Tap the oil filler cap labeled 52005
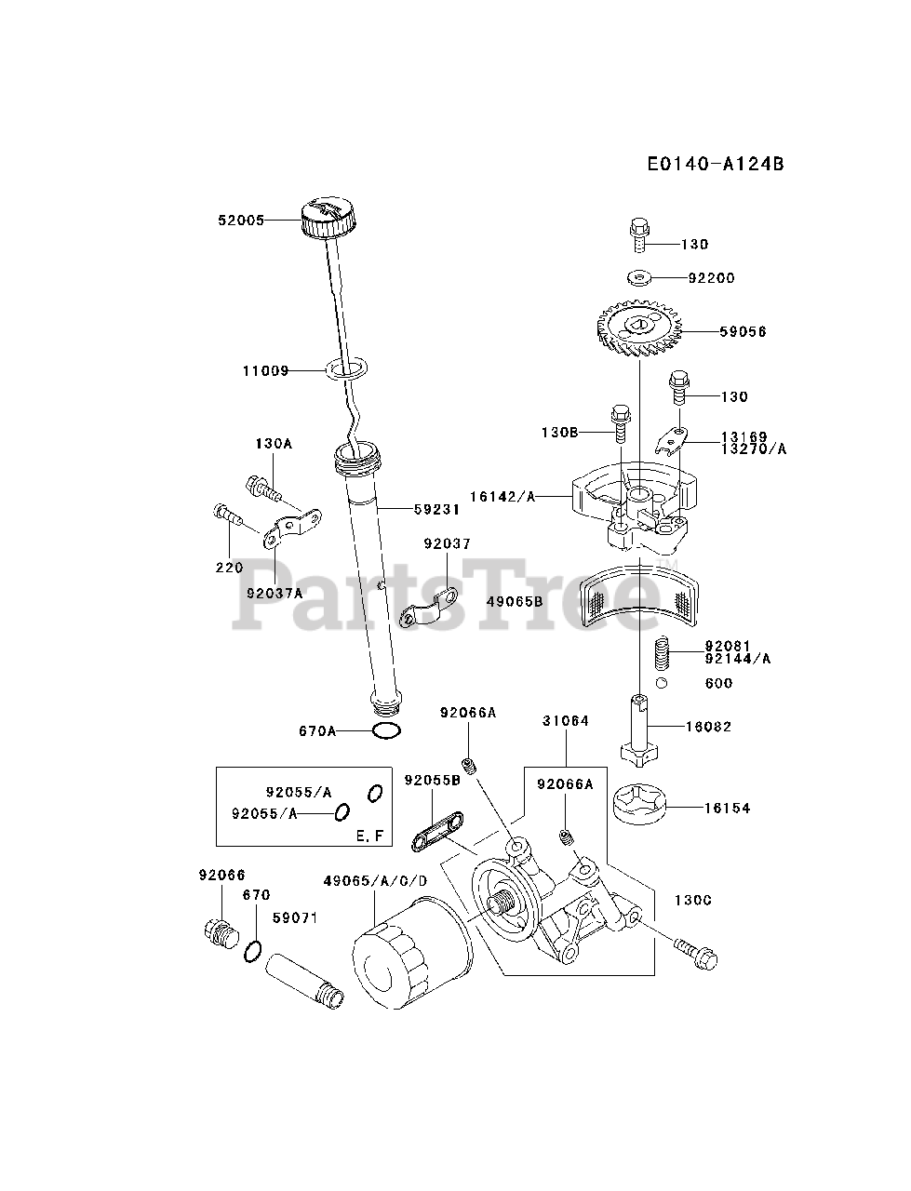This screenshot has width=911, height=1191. [328, 219]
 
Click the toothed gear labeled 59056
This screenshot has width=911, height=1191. [641, 330]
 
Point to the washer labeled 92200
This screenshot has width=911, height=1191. [639, 276]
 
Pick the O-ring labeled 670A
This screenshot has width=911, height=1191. [386, 730]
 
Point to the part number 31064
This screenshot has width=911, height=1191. [565, 721]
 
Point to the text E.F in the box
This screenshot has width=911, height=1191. [369, 836]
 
